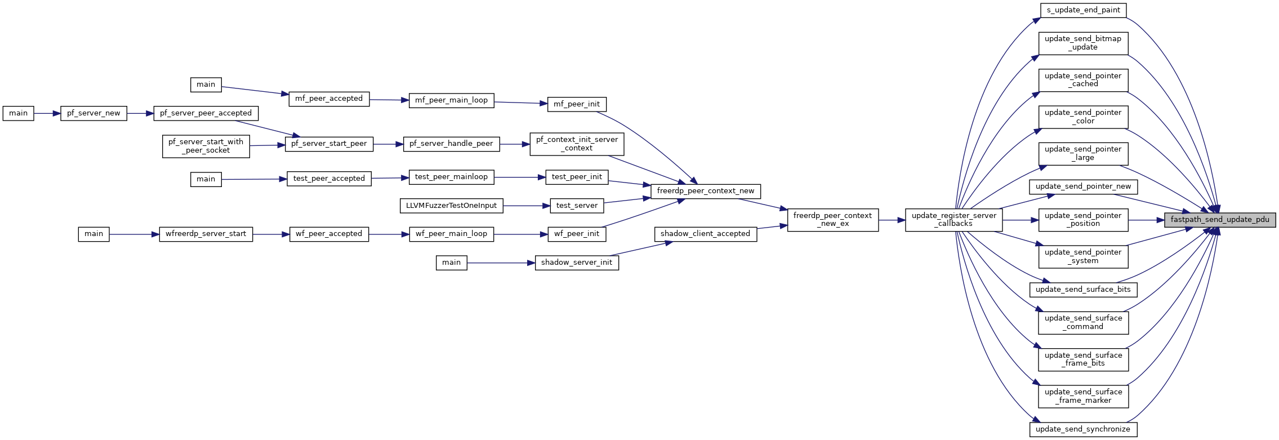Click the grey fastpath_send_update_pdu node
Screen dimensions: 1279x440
pyautogui.click(x=1219, y=220)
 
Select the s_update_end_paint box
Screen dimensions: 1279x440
pyautogui.click(x=1083, y=10)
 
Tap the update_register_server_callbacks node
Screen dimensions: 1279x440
pyautogui.click(x=953, y=220)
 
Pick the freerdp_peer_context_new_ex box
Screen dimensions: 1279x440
pyautogui.click(x=832, y=220)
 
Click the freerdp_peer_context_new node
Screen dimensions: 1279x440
pyautogui.click(x=705, y=191)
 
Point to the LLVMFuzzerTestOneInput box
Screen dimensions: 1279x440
pyautogui.click(x=451, y=206)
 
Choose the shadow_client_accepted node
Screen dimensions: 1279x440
pyautogui.click(x=705, y=234)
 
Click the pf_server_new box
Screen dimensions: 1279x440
pyautogui.click(x=93, y=113)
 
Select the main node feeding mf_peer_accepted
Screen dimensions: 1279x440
pyautogui.click(x=206, y=85)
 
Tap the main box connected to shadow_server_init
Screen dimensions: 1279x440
pyautogui.click(x=451, y=263)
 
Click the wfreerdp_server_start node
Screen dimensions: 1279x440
pyautogui.click(x=206, y=234)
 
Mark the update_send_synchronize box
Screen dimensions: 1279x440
pyautogui.click(x=1083, y=429)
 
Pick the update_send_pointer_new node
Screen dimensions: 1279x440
pyautogui.click(x=1083, y=186)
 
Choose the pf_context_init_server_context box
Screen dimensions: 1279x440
pyautogui.click(x=577, y=144)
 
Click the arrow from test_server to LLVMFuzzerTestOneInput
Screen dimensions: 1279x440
pyautogui.click(x=527, y=206)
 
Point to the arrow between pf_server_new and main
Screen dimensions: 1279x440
pyautogui.click(x=47, y=113)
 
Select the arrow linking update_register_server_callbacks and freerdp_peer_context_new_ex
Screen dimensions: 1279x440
pyautogui.click(x=892, y=220)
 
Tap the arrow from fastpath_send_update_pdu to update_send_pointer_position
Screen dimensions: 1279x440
pyautogui.click(x=1146, y=220)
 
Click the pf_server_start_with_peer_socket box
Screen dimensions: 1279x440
pyautogui.click(x=206, y=146)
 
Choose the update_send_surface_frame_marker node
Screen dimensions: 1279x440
pyautogui.click(x=1083, y=396)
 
